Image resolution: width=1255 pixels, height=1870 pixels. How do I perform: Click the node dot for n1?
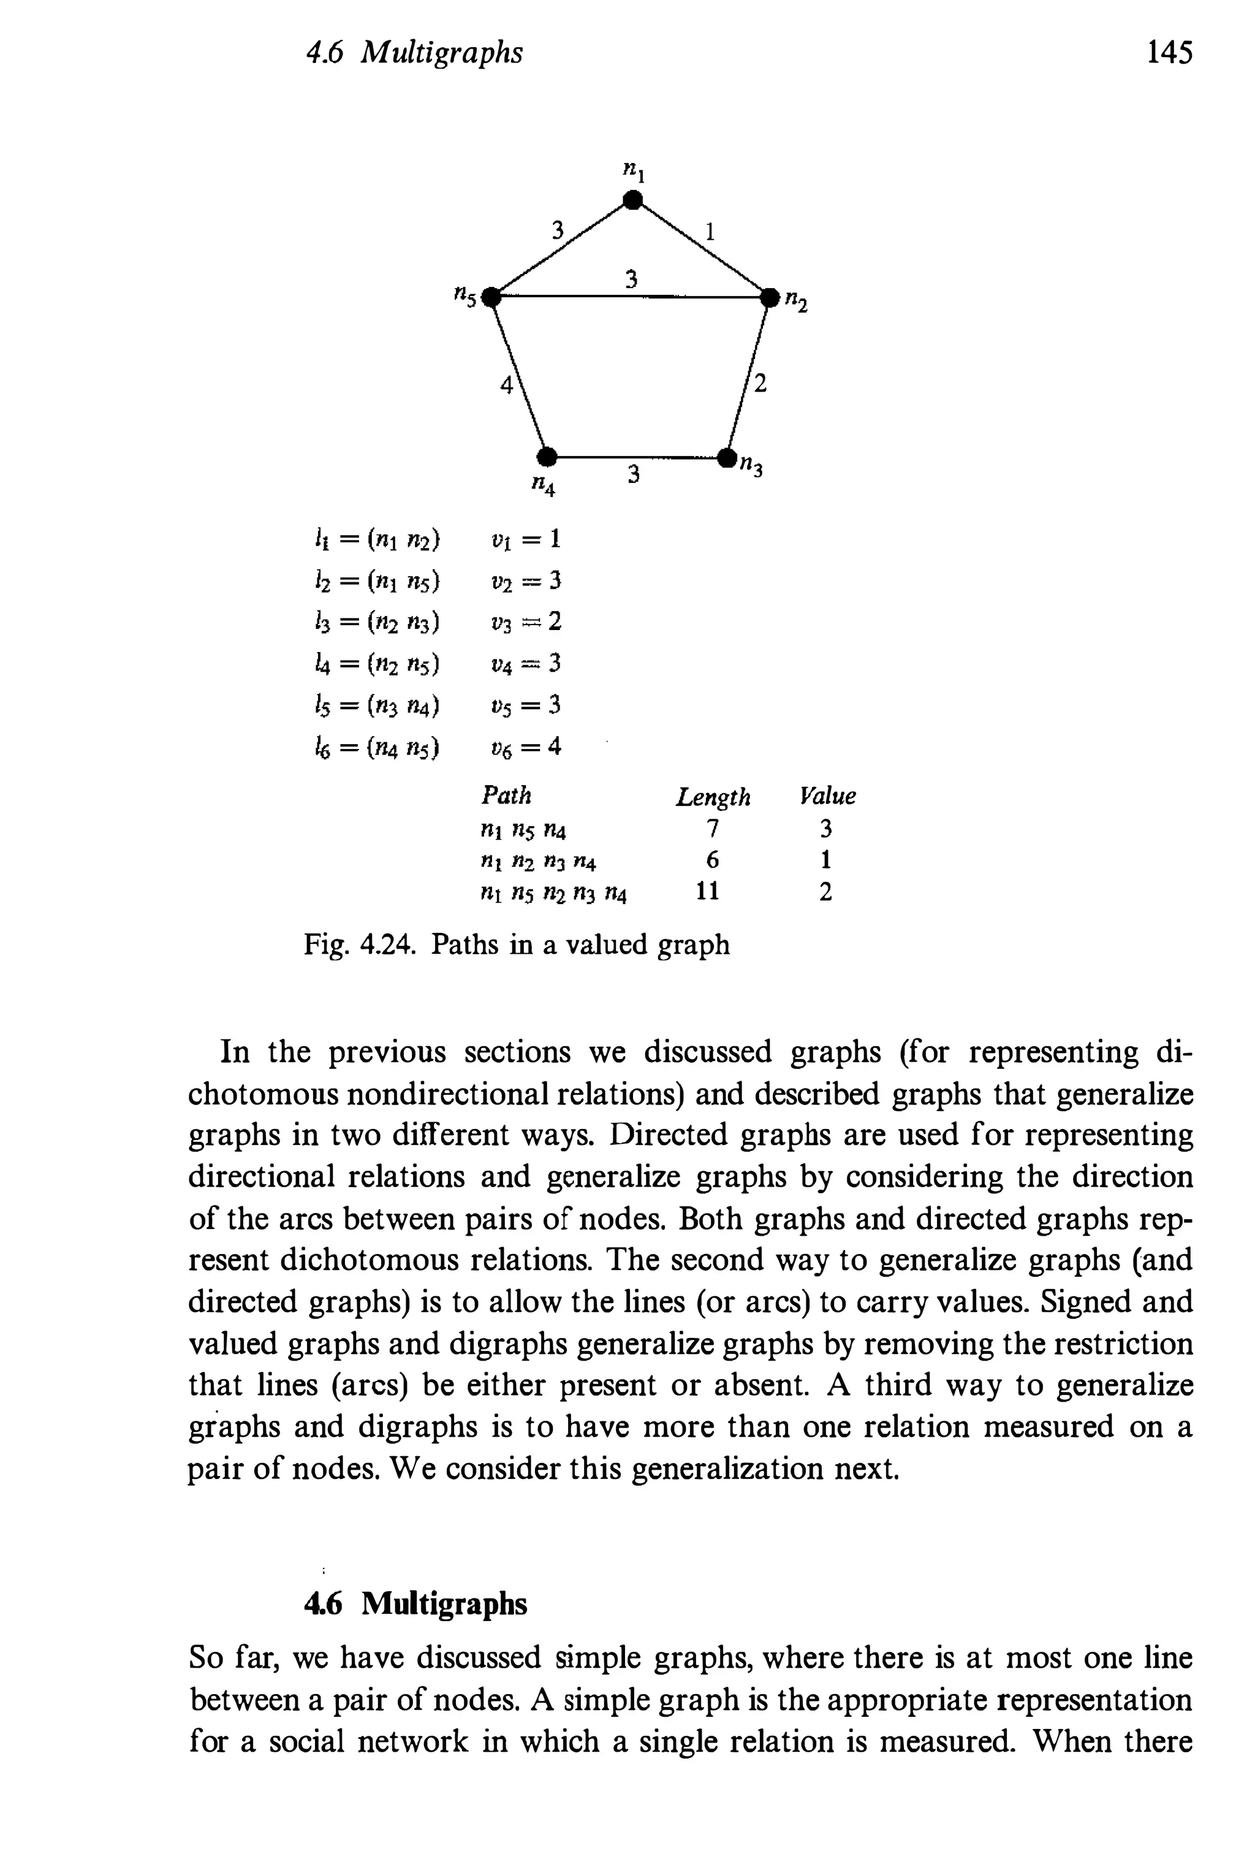click(x=633, y=199)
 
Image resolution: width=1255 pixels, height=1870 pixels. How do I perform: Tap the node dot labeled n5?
click(x=493, y=297)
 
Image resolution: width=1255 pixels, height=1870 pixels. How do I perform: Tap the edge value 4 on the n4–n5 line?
click(x=505, y=385)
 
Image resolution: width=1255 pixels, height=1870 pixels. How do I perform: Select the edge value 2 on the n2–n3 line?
click(x=760, y=384)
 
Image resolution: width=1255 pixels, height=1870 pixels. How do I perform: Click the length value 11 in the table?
click(x=708, y=891)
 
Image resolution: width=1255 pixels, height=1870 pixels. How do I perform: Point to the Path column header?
click(x=506, y=795)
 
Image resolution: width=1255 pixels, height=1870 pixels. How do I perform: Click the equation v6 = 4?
click(x=526, y=748)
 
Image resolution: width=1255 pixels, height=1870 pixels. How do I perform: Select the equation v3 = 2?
click(x=526, y=622)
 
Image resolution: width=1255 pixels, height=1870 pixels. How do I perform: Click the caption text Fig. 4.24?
click(x=358, y=945)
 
